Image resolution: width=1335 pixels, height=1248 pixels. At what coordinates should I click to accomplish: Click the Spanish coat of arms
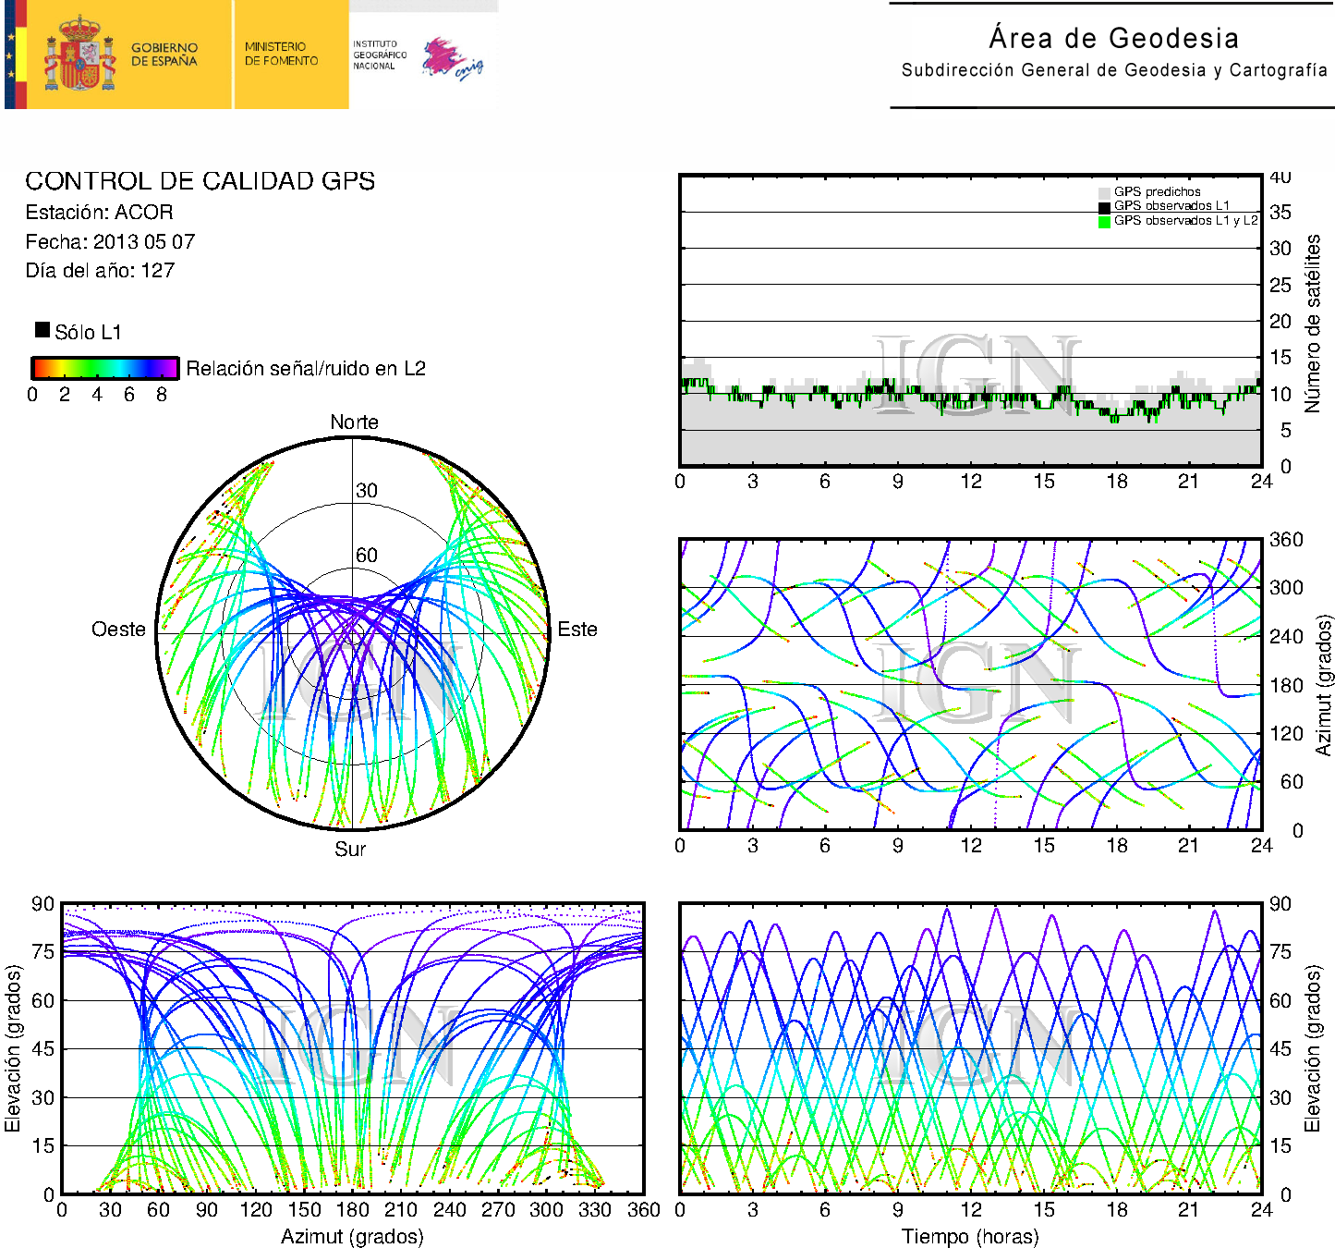pyautogui.click(x=79, y=54)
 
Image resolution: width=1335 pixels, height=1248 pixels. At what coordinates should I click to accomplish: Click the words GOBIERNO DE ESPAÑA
pyautogui.click(x=164, y=55)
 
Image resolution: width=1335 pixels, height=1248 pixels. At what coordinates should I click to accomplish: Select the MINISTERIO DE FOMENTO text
pyautogui.click(x=281, y=54)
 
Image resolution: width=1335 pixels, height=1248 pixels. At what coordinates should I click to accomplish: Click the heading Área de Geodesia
pyautogui.click(x=1113, y=38)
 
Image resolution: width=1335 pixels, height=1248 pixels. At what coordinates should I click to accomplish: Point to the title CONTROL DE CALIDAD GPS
pyautogui.click(x=200, y=181)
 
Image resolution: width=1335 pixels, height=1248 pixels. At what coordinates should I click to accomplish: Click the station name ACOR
pyautogui.click(x=144, y=212)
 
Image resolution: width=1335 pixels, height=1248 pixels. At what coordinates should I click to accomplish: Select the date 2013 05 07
pyautogui.click(x=144, y=241)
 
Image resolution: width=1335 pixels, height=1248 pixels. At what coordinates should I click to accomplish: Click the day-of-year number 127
pyautogui.click(x=158, y=271)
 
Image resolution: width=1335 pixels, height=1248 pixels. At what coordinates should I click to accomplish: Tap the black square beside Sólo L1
pyautogui.click(x=42, y=330)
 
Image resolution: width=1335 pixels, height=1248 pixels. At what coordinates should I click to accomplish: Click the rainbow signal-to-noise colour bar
pyautogui.click(x=105, y=368)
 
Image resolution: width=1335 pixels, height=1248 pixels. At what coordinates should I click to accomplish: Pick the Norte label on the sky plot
pyautogui.click(x=354, y=422)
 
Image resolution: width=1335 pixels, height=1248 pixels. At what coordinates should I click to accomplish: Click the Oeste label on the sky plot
pyautogui.click(x=118, y=629)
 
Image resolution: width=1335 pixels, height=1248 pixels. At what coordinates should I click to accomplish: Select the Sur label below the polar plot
pyautogui.click(x=350, y=849)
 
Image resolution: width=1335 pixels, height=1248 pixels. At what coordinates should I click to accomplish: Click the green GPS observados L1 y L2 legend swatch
pyautogui.click(x=1104, y=221)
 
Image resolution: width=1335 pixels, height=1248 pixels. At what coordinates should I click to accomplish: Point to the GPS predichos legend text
pyautogui.click(x=1157, y=191)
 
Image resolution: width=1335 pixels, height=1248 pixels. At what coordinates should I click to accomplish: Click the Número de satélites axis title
pyautogui.click(x=1312, y=323)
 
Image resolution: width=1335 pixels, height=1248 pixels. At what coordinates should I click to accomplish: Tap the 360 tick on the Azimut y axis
pyautogui.click(x=1286, y=540)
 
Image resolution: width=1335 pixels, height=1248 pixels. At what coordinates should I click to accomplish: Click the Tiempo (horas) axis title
pyautogui.click(x=970, y=1236)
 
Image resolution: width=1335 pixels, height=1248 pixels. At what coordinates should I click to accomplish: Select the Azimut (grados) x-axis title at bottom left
pyautogui.click(x=352, y=1236)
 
